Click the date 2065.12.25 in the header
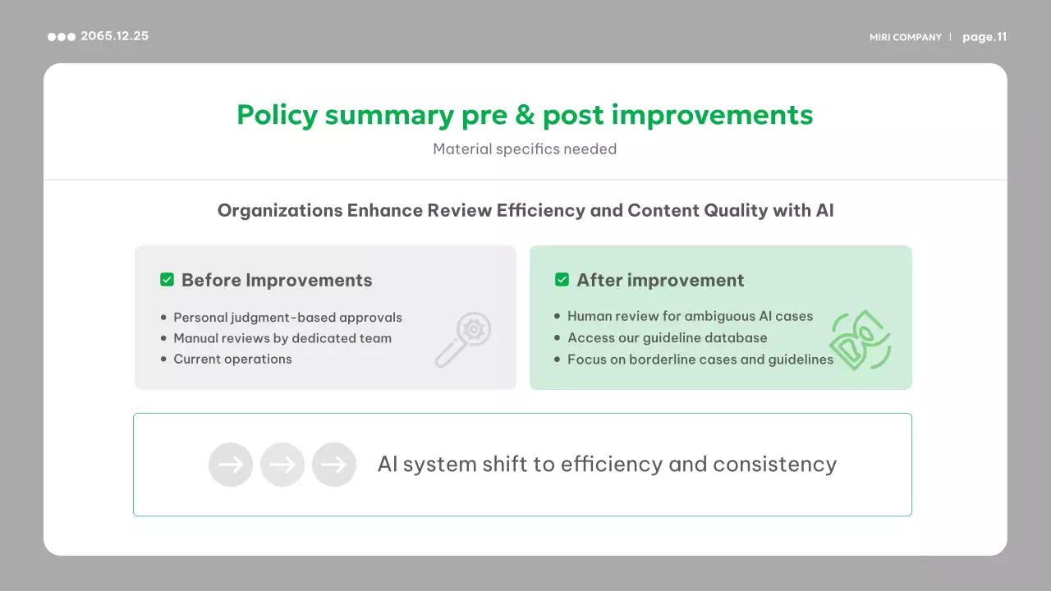pos(114,36)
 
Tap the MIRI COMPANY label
pos(906,37)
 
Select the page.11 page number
pos(984,37)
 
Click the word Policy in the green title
pos(278,115)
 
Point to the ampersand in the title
pos(525,115)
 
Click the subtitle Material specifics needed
pos(525,149)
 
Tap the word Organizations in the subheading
pos(280,211)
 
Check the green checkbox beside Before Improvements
pos(167,280)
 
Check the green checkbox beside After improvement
pos(562,280)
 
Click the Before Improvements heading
pos(277,280)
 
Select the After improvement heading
pos(660,280)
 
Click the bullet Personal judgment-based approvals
pos(287,318)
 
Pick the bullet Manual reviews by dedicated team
pos(282,338)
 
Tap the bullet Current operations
pos(232,359)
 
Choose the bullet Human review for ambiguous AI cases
pos(691,316)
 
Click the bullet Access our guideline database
pos(668,337)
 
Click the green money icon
pos(860,340)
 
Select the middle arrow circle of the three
pos(282,465)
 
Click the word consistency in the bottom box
pos(774,465)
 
